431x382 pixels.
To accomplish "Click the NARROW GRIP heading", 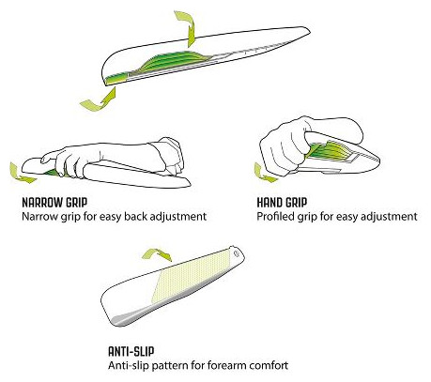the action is [x=54, y=203].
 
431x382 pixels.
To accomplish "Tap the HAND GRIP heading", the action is [x=282, y=203].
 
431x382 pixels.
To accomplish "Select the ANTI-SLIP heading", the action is [x=131, y=352].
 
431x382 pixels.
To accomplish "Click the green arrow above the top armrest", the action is [x=186, y=27].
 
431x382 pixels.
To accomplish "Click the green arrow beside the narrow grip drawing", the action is [x=22, y=174].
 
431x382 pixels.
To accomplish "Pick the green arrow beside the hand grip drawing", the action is [x=264, y=174].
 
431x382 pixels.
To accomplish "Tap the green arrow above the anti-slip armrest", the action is [x=158, y=254].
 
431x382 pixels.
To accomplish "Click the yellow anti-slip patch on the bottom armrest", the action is [x=190, y=277].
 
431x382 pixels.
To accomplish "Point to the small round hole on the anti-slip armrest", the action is [x=237, y=253].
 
